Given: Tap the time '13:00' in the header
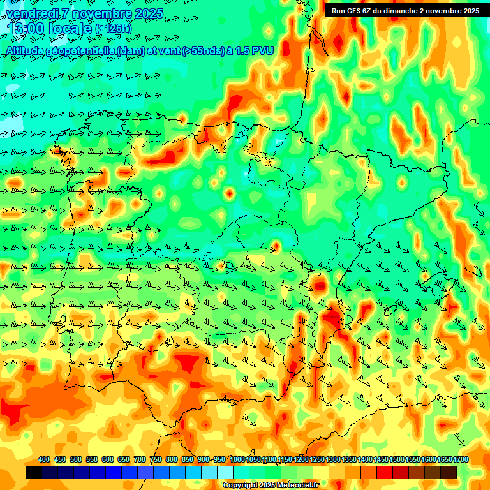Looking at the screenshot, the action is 26,29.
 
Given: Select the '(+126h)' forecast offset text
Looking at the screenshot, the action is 114,29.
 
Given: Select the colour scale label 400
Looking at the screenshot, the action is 44,460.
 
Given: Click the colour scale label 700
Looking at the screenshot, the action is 140,460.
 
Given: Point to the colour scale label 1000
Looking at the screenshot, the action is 237,460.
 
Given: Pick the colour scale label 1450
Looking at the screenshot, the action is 381,460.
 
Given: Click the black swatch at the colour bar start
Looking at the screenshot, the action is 34,472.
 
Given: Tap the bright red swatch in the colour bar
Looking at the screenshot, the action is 385,472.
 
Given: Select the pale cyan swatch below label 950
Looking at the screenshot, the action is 225,472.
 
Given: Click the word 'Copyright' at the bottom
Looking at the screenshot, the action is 241,486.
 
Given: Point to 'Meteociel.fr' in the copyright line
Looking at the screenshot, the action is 298,486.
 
